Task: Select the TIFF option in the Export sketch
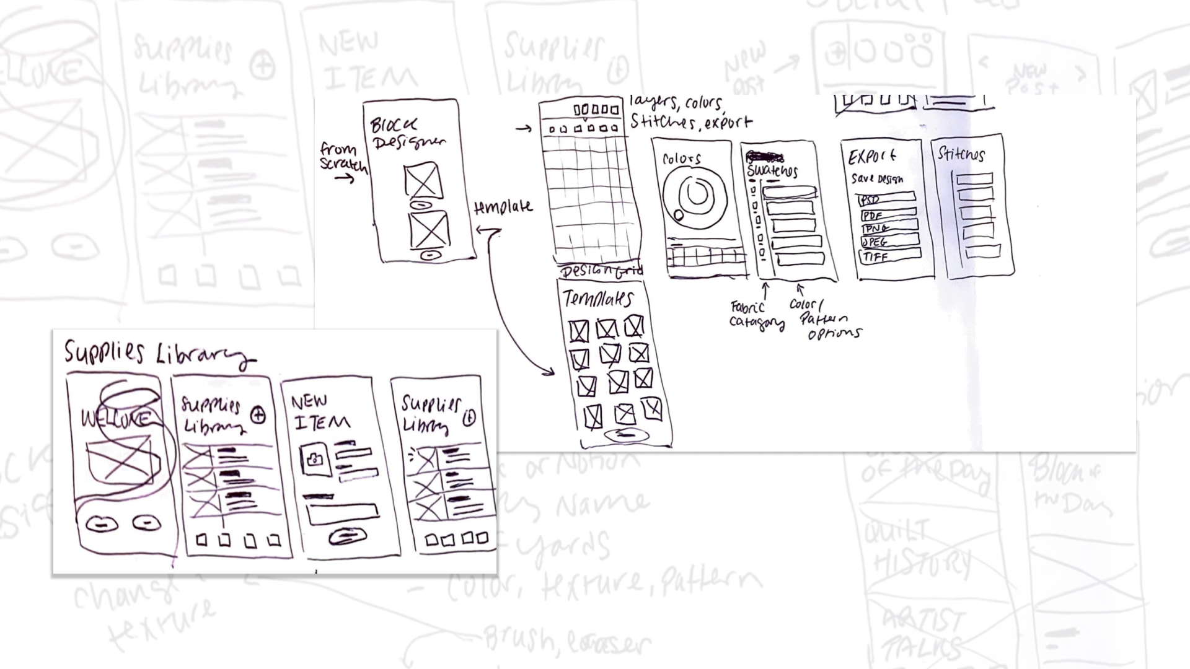tap(890, 255)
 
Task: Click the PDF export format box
tap(888, 214)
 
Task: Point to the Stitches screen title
tap(961, 154)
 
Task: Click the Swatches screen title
tap(772, 170)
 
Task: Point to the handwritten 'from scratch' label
tap(343, 157)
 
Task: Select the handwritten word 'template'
tap(503, 207)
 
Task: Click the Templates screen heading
tap(598, 299)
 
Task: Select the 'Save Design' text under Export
tap(877, 179)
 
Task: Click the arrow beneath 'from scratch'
tap(344, 178)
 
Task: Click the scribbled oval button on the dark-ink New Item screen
tap(348, 536)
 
